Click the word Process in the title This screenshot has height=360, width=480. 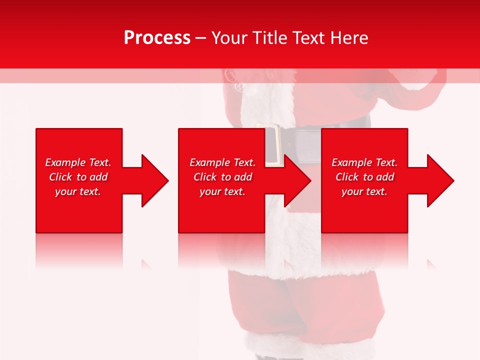tap(157, 38)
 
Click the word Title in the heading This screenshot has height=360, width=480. tap(268, 38)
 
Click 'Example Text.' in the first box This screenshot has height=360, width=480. tap(78, 162)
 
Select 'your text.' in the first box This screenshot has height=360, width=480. tap(78, 191)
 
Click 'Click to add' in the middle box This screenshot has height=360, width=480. tap(222, 177)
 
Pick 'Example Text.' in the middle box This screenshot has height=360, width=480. tap(222, 162)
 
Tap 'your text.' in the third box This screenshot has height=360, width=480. tap(364, 191)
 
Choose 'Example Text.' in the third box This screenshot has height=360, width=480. tap(364, 162)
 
